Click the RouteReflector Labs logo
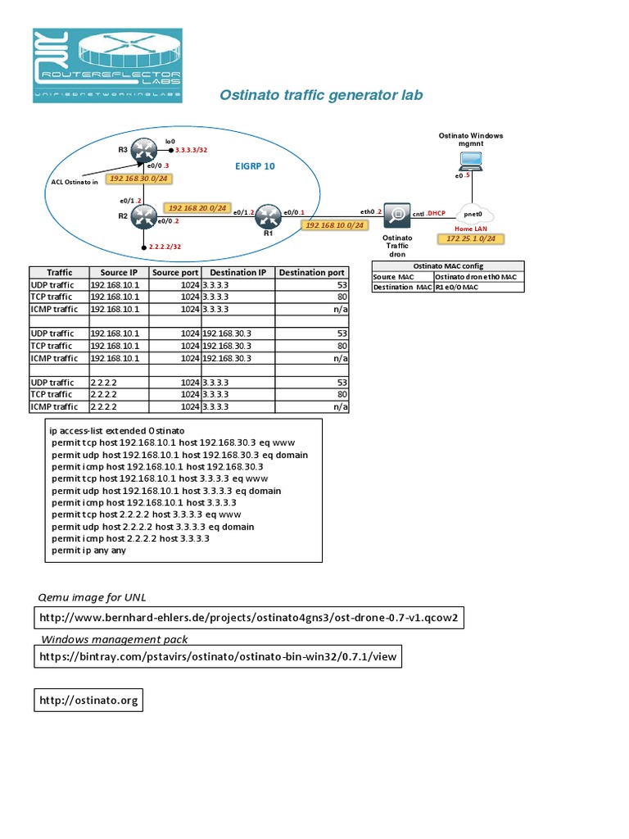[107, 66]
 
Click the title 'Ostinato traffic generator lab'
[321, 95]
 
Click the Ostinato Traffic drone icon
[397, 215]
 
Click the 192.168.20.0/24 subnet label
[197, 208]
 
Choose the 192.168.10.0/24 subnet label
[334, 224]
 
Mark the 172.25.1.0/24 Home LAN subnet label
[472, 239]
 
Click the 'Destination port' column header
[312, 272]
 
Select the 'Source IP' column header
[119, 272]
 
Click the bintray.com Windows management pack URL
[219, 656]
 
